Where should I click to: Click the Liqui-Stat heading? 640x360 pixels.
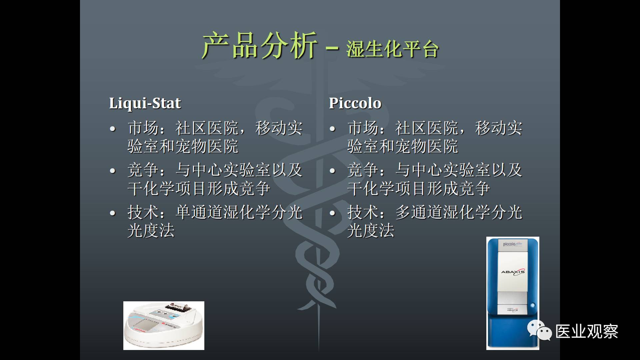[x=145, y=103]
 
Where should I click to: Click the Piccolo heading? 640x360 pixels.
[x=355, y=103]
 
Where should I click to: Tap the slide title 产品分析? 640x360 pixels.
[x=260, y=46]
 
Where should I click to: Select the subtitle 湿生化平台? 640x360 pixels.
[x=392, y=49]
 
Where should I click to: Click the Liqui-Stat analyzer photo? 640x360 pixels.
[x=164, y=326]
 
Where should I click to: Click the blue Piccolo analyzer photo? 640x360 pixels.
[x=513, y=293]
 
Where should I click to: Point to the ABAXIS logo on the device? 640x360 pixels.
[x=513, y=272]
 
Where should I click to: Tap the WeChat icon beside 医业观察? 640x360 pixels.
[x=539, y=331]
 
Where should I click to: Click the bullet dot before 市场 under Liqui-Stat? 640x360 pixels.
[x=113, y=129]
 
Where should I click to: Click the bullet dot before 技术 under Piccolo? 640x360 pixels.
[x=332, y=213]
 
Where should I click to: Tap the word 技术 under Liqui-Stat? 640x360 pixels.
[x=143, y=212]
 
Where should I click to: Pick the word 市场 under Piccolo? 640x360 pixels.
[x=363, y=128]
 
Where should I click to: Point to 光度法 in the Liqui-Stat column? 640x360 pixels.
[x=151, y=231]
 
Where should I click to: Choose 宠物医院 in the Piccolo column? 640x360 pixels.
[x=427, y=146]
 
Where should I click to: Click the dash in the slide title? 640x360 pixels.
[x=332, y=49]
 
